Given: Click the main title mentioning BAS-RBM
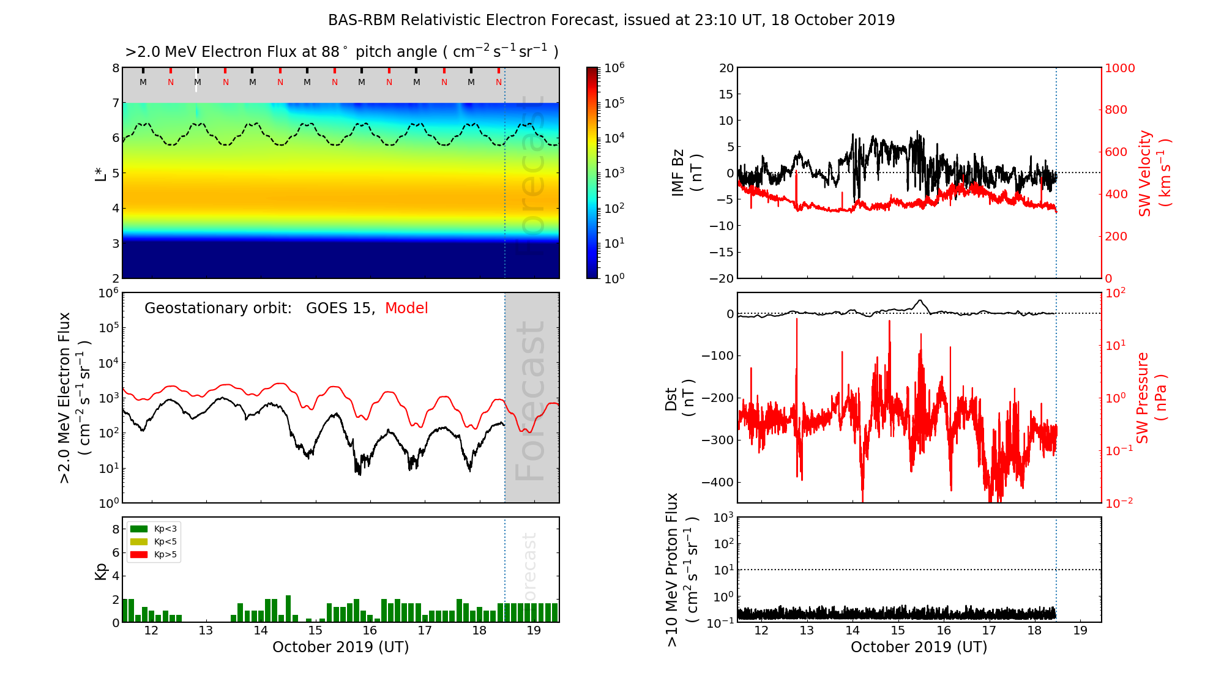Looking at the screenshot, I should (x=611, y=20).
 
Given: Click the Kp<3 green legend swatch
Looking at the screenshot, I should (x=139, y=529).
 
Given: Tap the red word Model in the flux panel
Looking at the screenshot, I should (x=406, y=308).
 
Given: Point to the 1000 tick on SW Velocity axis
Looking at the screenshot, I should (x=1119, y=68).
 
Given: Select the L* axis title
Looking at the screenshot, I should (x=100, y=173).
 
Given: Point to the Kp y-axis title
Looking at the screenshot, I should (x=100, y=571).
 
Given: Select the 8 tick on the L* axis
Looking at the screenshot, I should (x=115, y=68).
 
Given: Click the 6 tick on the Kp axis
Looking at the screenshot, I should (x=116, y=552).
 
